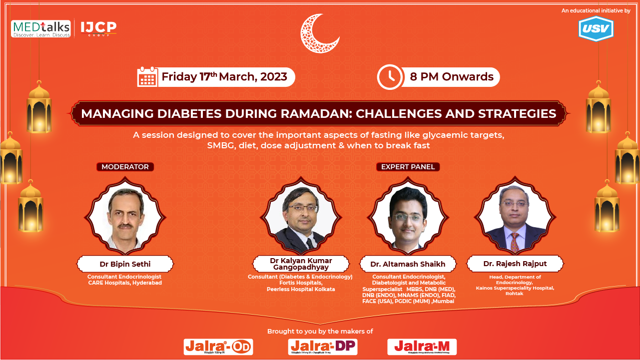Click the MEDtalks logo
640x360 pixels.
[x=41, y=29]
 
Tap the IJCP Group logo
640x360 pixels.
[x=98, y=28]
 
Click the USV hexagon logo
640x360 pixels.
[x=596, y=29]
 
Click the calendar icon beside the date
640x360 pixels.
[x=147, y=77]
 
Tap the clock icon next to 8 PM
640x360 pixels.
[x=389, y=77]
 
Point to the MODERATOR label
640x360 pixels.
[x=125, y=167]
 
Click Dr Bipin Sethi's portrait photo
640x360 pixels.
[x=125, y=220]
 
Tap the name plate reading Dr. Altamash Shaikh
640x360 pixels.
[x=408, y=264]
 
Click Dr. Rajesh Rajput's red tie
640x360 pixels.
[x=515, y=242]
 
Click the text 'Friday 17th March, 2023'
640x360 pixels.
[x=224, y=77]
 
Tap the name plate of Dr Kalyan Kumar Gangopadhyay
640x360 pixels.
[x=301, y=264]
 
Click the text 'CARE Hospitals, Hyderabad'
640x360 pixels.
[x=125, y=283]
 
